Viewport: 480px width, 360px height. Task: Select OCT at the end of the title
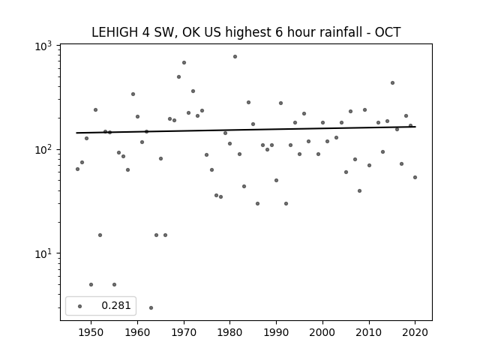[x=388, y=32]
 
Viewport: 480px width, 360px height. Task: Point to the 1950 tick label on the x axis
[x=91, y=332]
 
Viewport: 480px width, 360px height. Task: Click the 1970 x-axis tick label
[x=184, y=332]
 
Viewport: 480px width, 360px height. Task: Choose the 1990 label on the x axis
[x=277, y=332]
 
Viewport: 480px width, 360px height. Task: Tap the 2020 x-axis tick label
[x=415, y=332]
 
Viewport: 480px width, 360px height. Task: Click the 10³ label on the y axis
[x=43, y=46]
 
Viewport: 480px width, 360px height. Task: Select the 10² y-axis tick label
[x=43, y=151]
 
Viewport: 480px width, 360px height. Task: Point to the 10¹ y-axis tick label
[x=43, y=254]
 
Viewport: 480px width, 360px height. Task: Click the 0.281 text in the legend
[x=116, y=305]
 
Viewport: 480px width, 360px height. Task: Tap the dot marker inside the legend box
[x=79, y=306]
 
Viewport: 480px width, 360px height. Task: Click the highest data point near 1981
[x=235, y=57]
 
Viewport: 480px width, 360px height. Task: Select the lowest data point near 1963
[x=151, y=307]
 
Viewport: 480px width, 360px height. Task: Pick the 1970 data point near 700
[x=184, y=63]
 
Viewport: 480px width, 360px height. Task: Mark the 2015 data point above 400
[x=392, y=83]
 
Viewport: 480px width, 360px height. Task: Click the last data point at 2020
[x=415, y=177]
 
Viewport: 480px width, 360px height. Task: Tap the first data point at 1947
[x=77, y=169]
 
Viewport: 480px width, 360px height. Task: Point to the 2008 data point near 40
[x=359, y=190]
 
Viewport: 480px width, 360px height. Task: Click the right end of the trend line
[x=415, y=127]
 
